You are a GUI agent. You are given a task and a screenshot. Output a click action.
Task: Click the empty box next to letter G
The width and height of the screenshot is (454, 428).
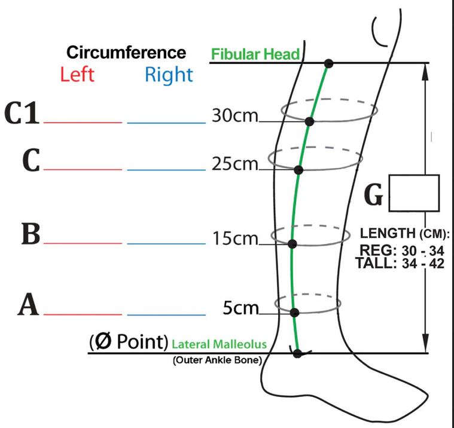coord(414,193)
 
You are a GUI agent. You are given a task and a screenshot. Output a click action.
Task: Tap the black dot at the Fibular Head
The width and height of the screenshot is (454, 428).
coord(328,63)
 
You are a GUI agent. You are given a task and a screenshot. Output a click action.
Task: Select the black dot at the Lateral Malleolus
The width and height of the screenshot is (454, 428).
coord(297,353)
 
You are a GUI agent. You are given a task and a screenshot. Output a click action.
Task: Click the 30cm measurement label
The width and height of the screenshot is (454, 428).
coord(234,115)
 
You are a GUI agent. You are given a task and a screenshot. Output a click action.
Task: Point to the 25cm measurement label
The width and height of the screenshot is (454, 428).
coord(234,164)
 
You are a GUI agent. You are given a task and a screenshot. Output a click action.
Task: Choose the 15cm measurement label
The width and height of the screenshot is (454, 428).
coord(234,239)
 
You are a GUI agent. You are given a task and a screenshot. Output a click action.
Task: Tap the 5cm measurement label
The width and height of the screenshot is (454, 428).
coord(240,308)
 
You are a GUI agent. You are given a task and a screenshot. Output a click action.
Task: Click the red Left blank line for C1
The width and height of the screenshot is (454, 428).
coord(83,123)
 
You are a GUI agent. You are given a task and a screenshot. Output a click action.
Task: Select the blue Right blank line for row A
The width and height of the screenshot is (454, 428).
coord(166,314)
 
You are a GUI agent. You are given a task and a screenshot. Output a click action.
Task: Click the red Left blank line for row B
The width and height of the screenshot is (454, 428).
coord(83,244)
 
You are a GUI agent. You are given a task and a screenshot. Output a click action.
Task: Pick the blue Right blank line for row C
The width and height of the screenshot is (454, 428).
coord(166,170)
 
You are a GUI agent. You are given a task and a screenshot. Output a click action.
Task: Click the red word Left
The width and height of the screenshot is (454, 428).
coord(77,75)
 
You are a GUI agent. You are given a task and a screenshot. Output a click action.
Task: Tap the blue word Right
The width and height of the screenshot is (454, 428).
coord(169,75)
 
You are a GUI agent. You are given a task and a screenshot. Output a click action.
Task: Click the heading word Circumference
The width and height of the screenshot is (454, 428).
coord(126,52)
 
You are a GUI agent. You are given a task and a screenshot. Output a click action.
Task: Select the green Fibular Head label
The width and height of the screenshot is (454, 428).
coord(255,54)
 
